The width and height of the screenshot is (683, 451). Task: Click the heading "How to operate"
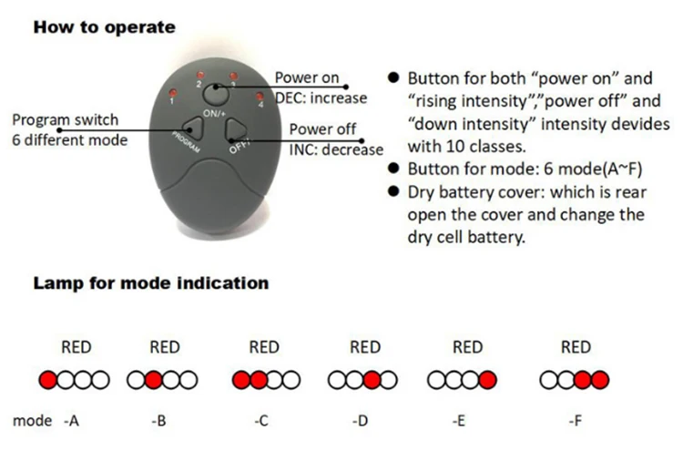(105, 27)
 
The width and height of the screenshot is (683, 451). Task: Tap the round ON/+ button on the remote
(216, 94)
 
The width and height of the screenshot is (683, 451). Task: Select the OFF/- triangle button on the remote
(236, 129)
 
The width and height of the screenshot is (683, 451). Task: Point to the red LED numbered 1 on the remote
(173, 93)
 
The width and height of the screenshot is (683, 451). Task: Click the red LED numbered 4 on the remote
(260, 96)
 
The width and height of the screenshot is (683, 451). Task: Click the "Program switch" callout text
(66, 120)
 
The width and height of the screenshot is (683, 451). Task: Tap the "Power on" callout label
(307, 77)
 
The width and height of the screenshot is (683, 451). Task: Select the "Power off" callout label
(322, 129)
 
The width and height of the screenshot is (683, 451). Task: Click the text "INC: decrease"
(336, 149)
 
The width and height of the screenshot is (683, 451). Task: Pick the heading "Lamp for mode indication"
(151, 283)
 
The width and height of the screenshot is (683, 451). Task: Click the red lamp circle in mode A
(48, 380)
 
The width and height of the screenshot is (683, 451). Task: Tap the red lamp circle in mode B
(153, 380)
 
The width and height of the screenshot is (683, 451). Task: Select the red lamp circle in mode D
(372, 380)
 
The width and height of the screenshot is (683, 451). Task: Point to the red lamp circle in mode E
(487, 380)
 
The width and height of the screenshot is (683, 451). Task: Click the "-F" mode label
(575, 421)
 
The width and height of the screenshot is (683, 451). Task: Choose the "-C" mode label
(261, 421)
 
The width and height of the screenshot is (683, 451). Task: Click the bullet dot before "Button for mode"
(393, 169)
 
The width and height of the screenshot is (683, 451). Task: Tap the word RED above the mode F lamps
(576, 347)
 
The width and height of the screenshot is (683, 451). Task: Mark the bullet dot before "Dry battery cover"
(393, 191)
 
